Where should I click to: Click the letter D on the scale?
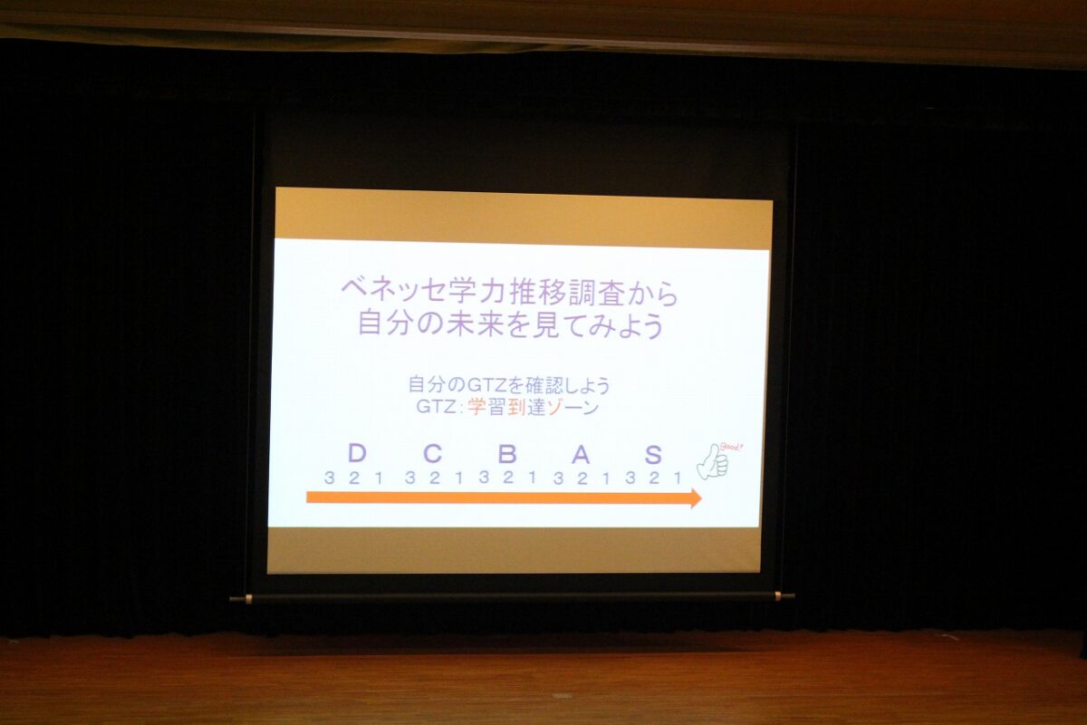(x=357, y=453)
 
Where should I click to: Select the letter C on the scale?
(x=432, y=453)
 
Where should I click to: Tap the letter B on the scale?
(x=507, y=454)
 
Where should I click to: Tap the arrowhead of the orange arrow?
(x=696, y=498)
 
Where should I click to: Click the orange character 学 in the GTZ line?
(x=476, y=408)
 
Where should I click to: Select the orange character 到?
(x=517, y=408)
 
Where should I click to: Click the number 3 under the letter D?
(x=329, y=478)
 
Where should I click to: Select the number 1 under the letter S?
(x=678, y=478)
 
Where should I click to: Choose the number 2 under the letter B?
(x=508, y=478)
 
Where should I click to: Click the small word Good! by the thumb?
(x=731, y=447)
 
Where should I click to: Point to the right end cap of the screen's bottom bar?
(x=786, y=595)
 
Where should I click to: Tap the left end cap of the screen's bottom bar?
(x=240, y=599)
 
